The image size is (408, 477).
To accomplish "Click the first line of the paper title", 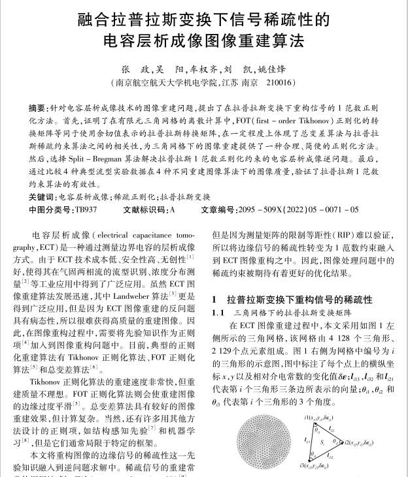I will pyautogui.click(x=203, y=18).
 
